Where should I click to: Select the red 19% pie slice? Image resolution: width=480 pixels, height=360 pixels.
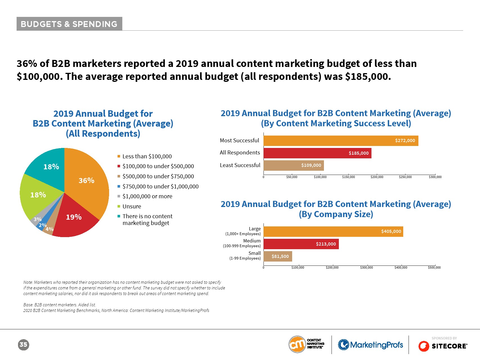(75, 219)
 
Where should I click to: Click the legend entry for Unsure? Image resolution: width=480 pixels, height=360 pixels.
(132, 206)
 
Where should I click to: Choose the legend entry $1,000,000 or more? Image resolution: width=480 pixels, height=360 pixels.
(147, 196)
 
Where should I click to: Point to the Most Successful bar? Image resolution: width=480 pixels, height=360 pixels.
(341, 141)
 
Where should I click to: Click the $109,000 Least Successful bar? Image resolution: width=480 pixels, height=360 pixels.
(293, 165)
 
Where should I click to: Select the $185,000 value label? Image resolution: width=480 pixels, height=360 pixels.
(359, 153)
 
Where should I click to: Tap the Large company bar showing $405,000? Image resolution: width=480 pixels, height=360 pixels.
(333, 231)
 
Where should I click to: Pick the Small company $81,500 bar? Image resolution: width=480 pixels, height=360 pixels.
(278, 256)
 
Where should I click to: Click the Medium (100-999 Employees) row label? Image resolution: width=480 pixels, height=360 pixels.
(242, 243)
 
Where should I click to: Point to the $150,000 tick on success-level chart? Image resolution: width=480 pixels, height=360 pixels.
(348, 177)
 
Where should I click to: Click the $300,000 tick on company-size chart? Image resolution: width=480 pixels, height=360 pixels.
(366, 267)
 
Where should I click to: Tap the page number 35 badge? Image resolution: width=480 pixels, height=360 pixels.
(23, 345)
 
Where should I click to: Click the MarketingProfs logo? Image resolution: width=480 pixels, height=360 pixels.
(370, 345)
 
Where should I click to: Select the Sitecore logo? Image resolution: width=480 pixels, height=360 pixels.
(443, 346)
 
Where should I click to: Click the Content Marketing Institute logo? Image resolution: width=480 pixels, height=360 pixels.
(306, 344)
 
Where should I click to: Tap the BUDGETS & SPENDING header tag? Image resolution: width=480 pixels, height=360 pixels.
(69, 24)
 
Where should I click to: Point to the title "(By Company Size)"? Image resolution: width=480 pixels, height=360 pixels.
(336, 214)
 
